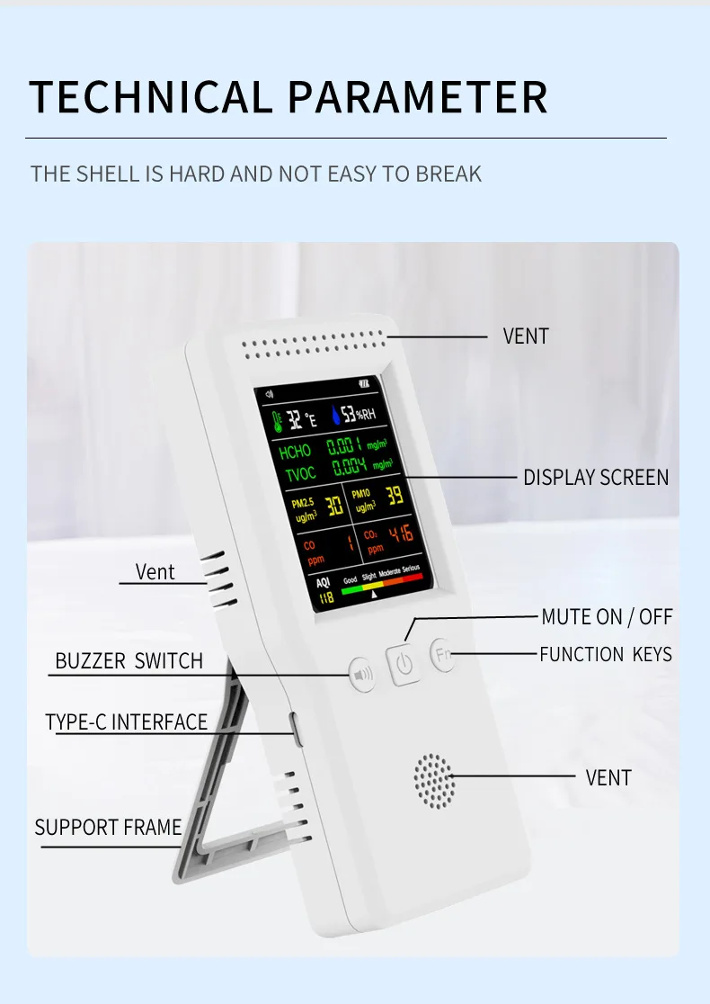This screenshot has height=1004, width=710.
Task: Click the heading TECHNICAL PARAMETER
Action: [x=288, y=96]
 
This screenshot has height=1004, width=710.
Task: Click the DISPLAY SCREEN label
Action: [x=596, y=477]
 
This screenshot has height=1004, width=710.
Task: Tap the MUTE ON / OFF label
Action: [x=607, y=617]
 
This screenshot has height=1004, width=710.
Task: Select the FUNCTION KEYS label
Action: [x=605, y=654]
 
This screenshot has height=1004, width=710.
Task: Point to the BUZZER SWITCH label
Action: [x=129, y=661]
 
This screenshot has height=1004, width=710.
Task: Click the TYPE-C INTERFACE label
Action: [x=126, y=722]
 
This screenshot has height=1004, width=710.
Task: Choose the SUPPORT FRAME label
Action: [x=108, y=828]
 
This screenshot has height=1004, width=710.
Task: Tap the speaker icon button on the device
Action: [x=362, y=673]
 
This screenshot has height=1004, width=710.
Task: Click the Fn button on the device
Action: [x=442, y=654]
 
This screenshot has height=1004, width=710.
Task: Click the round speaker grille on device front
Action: [x=434, y=779]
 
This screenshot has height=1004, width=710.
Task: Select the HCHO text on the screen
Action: [x=295, y=451]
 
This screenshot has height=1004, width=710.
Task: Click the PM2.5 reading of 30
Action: [x=333, y=506]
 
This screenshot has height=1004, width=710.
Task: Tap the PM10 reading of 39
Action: [x=395, y=495]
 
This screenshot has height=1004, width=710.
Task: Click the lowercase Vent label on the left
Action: [x=155, y=572]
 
